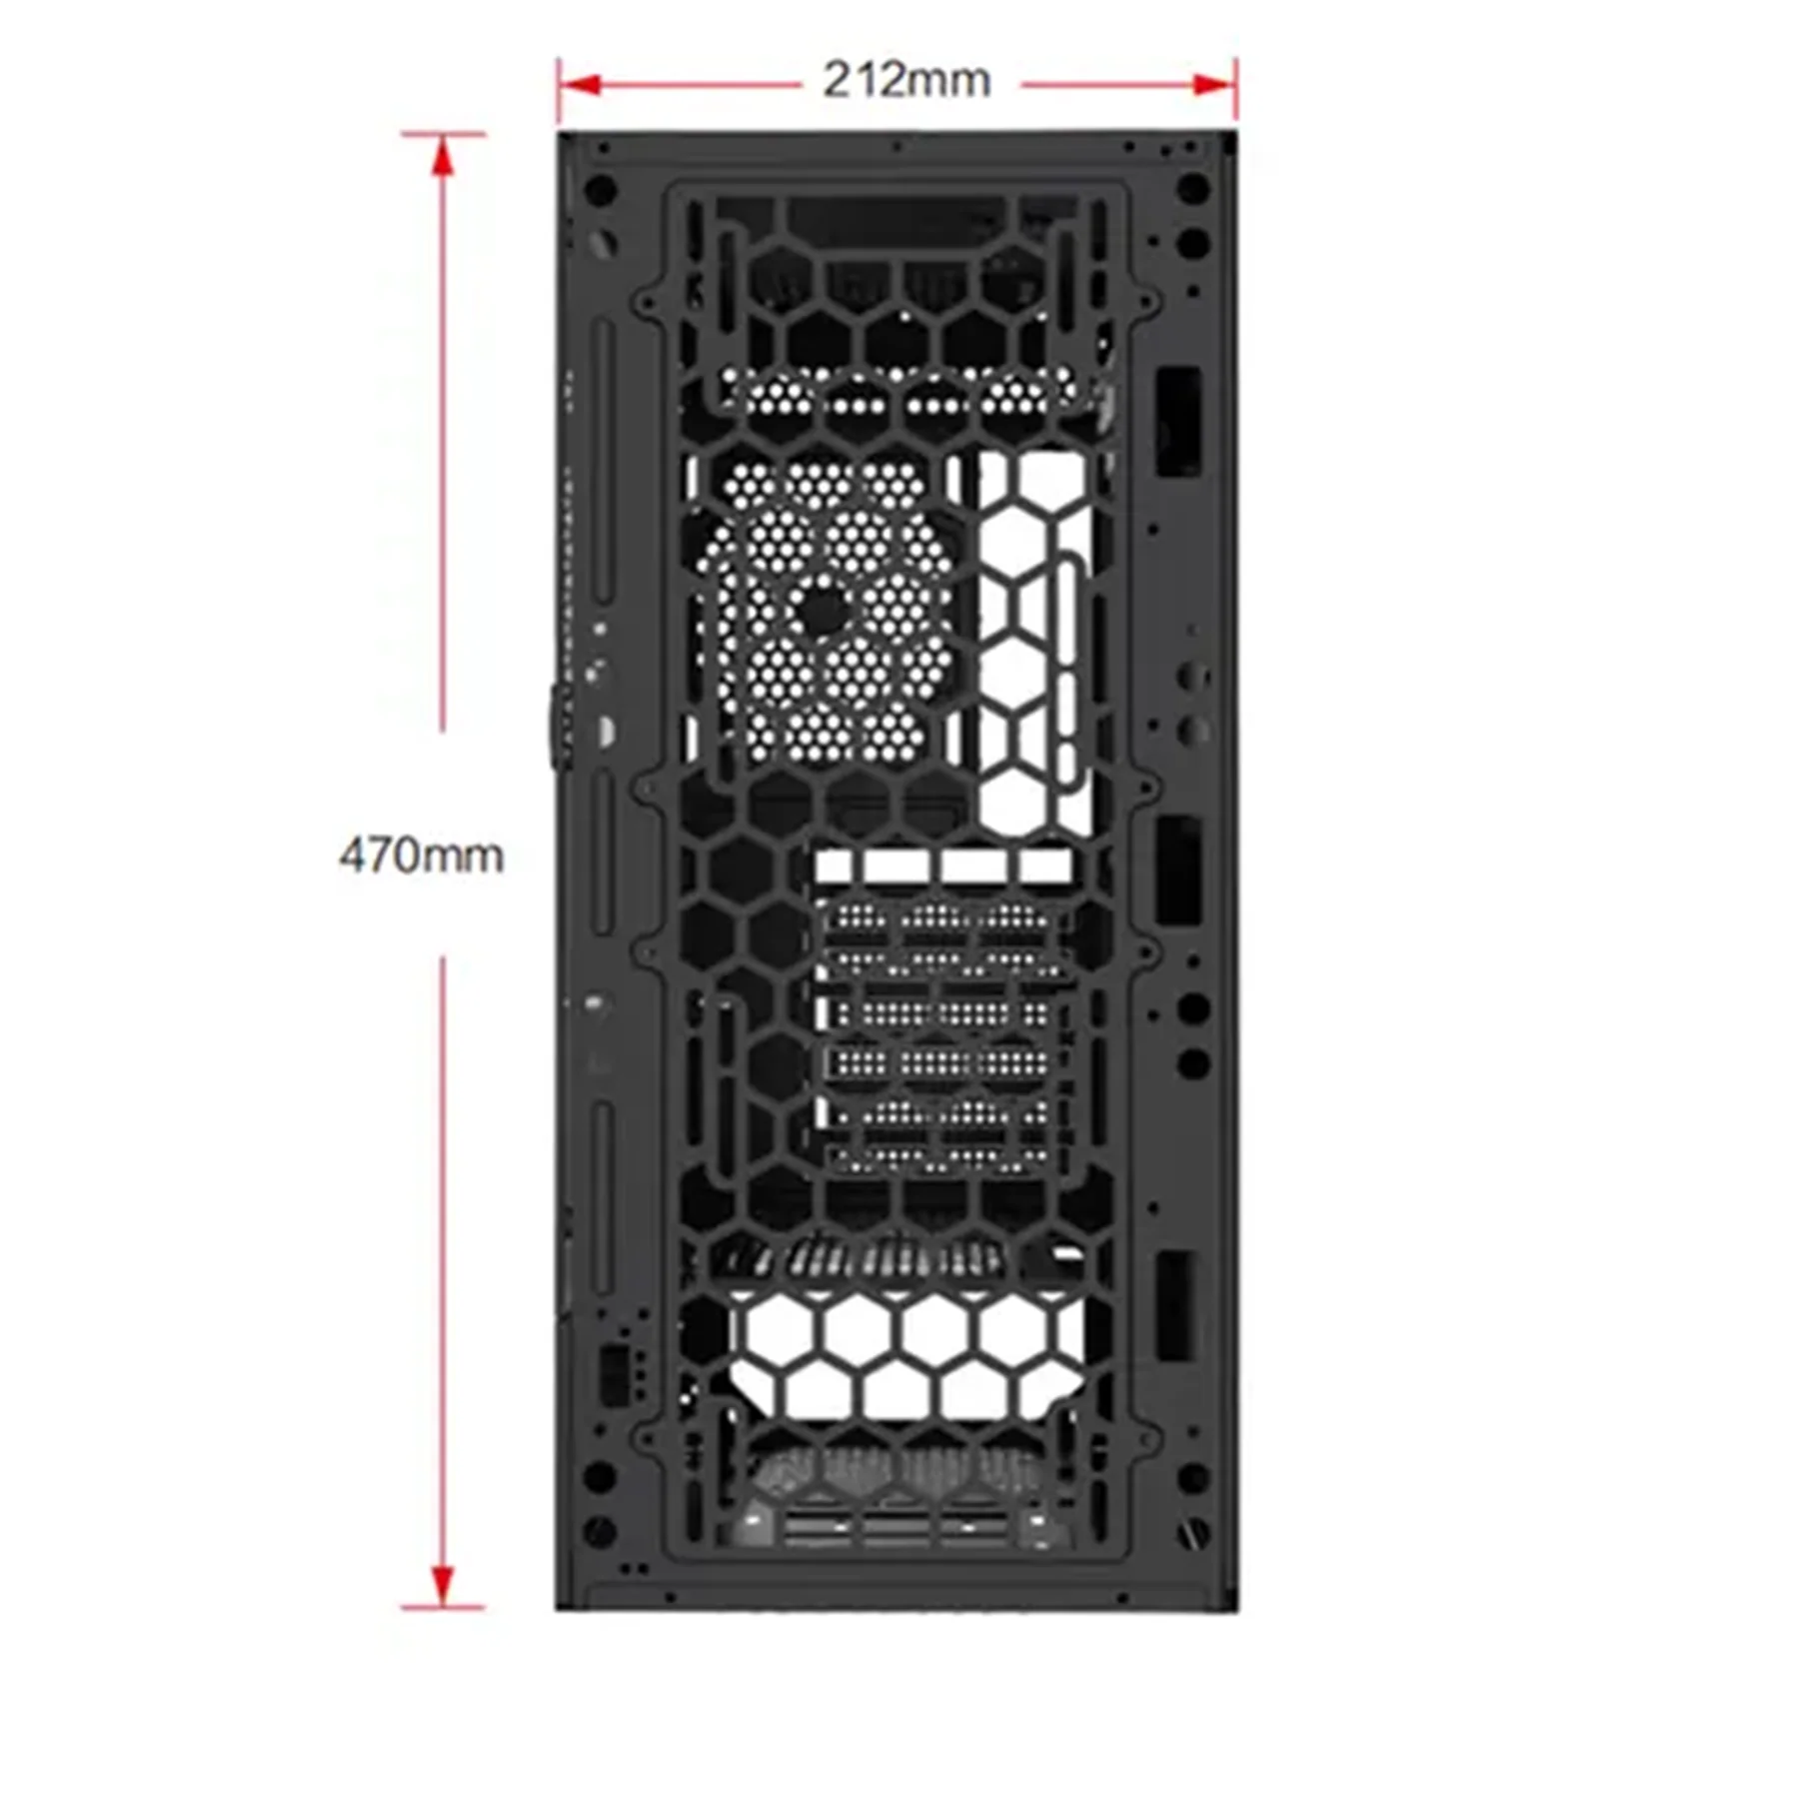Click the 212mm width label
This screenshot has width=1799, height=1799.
906,81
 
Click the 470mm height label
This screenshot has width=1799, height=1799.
421,857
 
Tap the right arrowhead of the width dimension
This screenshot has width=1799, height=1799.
1215,85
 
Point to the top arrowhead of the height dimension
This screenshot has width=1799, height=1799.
443,155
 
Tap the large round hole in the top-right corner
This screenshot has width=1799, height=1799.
1192,188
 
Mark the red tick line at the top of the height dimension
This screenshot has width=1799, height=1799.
443,134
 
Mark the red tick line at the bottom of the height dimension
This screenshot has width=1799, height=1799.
443,1608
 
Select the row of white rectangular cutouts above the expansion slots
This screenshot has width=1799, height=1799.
942,867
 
